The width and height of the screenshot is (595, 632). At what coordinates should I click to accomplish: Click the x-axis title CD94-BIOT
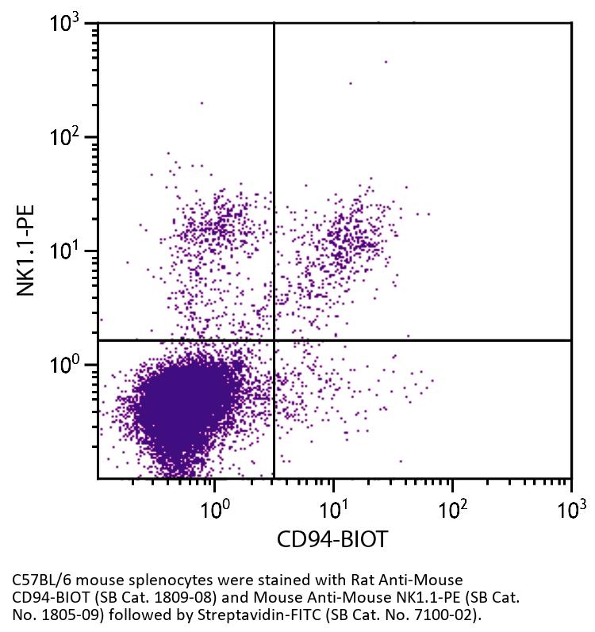click(x=332, y=540)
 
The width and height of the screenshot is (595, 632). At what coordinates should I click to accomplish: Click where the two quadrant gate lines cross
click(x=274, y=340)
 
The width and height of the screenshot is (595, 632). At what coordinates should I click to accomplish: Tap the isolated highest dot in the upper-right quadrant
click(x=386, y=61)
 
